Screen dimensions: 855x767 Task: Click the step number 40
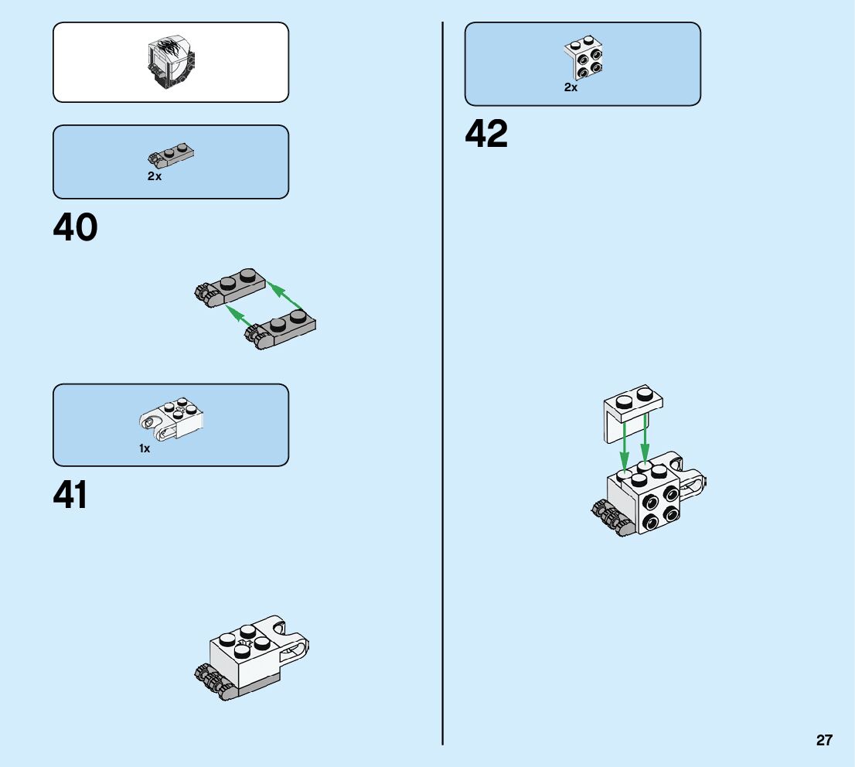coord(76,228)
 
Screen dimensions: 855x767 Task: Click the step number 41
coord(70,496)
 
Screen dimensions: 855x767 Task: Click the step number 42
coord(486,135)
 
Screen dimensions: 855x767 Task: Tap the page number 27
coord(824,740)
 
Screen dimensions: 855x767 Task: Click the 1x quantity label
coord(145,448)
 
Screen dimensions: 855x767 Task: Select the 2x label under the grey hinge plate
coord(155,176)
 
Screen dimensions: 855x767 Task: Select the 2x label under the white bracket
coord(571,88)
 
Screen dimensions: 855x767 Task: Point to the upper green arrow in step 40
coord(284,298)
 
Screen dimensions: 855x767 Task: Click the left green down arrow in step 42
coord(625,445)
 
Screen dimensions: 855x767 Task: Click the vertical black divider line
coord(442,387)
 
